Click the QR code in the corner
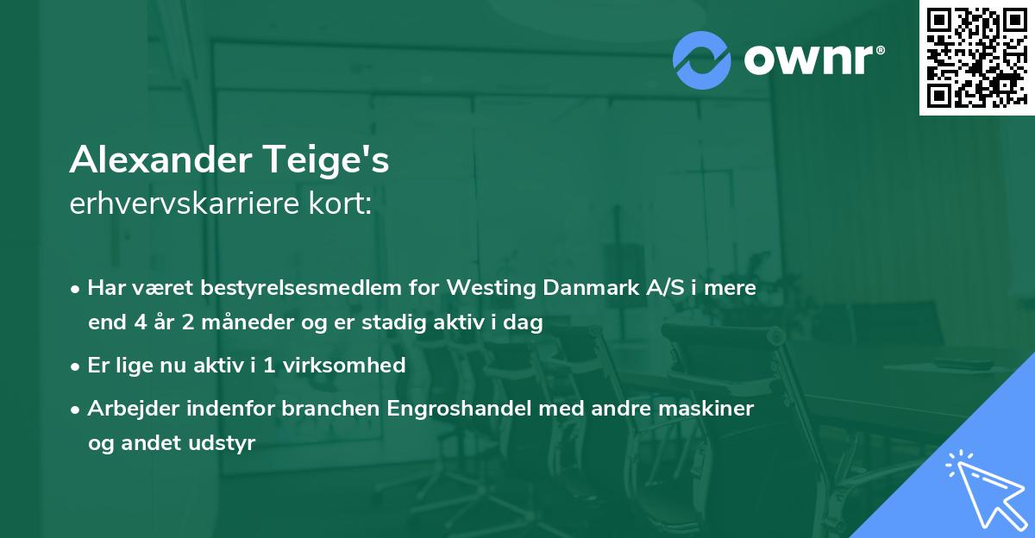tap(976, 58)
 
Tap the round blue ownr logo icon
tap(701, 59)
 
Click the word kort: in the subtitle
tap(342, 204)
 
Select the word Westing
tap(490, 288)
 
